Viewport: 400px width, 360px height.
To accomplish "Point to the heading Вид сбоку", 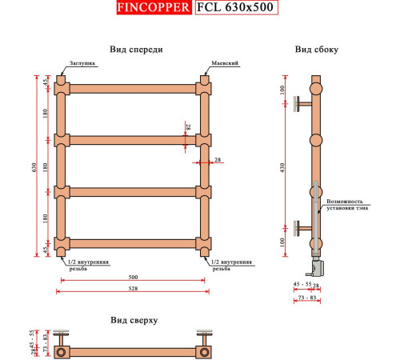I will tap(316, 49).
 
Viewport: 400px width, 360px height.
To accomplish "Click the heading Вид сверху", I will tap(134, 319).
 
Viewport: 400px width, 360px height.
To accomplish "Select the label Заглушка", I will tap(82, 63).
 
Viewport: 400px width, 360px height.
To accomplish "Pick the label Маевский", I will tap(222, 63).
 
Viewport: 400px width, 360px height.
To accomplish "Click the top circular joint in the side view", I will tap(317, 87).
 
